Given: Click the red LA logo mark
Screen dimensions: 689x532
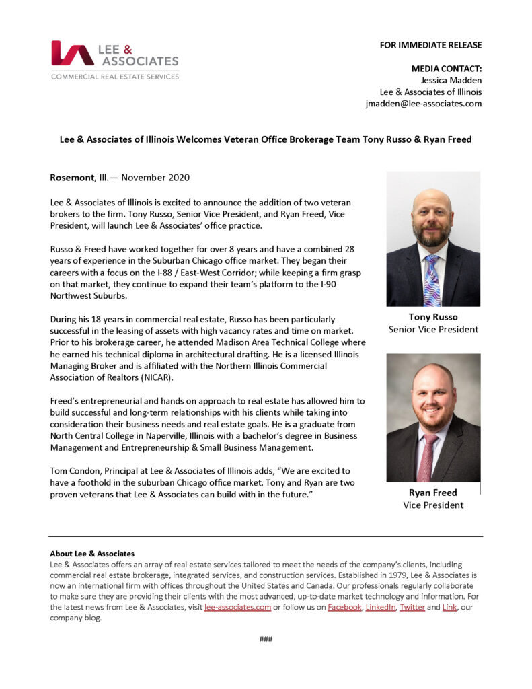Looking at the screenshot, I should (x=73, y=53).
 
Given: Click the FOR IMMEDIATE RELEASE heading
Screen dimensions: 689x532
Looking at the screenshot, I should (x=430, y=45).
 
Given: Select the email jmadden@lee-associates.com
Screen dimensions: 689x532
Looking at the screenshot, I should (x=423, y=104).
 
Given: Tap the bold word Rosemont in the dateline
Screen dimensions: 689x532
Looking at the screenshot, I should (x=72, y=178).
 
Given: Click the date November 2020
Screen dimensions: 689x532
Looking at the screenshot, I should (x=156, y=178).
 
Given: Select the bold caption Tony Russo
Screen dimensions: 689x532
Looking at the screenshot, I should (x=433, y=317).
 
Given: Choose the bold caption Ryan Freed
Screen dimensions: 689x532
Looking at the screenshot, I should (x=433, y=493).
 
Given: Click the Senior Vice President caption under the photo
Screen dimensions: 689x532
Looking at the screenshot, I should (x=433, y=329).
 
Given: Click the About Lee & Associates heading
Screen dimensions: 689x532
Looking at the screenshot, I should (x=92, y=554).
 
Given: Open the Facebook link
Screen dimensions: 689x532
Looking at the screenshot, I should (x=344, y=607).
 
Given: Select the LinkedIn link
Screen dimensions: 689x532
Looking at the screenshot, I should (x=381, y=607).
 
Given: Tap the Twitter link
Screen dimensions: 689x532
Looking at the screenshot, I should (x=412, y=607).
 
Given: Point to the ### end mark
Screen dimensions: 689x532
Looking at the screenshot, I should (x=266, y=639).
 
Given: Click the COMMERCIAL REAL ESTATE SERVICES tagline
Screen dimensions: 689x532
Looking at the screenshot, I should (x=115, y=77).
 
